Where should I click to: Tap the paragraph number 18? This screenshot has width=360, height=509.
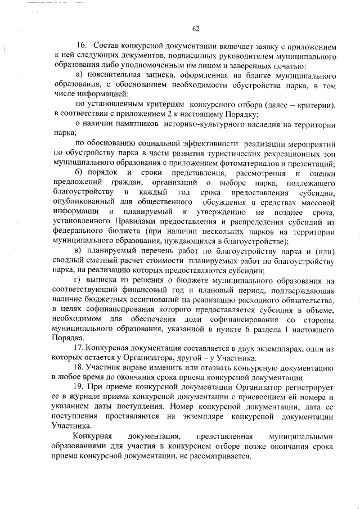click(79, 368)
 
